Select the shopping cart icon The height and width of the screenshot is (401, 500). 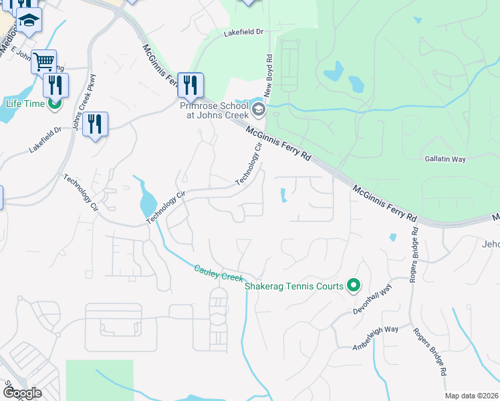tap(43, 61)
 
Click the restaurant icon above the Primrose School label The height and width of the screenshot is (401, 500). tap(191, 84)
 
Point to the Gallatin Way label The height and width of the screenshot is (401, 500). tap(445, 159)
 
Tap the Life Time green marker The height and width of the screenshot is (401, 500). tap(56, 103)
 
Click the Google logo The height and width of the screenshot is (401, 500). tap(21, 393)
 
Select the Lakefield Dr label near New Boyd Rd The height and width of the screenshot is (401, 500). tap(244, 31)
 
